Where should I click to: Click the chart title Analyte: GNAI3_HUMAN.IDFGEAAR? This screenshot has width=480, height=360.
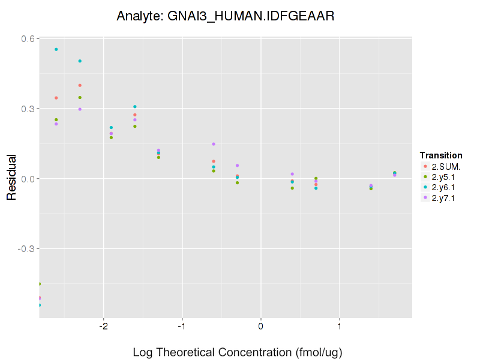click(225, 16)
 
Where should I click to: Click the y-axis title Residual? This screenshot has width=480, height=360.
click(11, 178)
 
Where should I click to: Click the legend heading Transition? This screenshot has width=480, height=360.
click(441, 155)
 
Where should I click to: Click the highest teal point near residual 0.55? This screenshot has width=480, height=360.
click(56, 49)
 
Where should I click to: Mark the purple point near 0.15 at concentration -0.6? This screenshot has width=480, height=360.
click(214, 144)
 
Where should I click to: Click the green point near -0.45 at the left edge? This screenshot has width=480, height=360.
click(40, 284)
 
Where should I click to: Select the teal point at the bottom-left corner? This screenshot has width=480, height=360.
click(40, 305)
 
